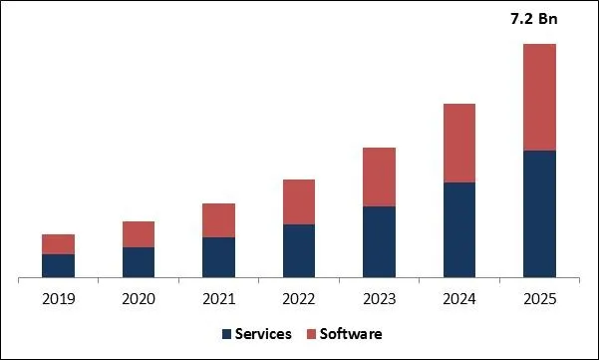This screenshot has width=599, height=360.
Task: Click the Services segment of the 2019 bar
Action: pyautogui.click(x=58, y=265)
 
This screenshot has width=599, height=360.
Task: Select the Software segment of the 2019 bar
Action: pyautogui.click(x=58, y=244)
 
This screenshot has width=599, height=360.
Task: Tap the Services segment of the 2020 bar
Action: pyautogui.click(x=139, y=261)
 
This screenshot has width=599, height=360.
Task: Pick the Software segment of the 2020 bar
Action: pyautogui.click(x=139, y=234)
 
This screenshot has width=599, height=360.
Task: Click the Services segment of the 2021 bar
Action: pyautogui.click(x=218, y=256)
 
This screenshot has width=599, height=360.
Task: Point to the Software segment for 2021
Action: pyautogui.click(x=218, y=220)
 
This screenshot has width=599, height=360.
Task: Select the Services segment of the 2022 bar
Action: pyautogui.click(x=299, y=250)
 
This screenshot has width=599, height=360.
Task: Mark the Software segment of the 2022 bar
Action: pyautogui.click(x=299, y=202)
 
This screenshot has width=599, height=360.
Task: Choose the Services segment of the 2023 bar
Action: pyautogui.click(x=379, y=241)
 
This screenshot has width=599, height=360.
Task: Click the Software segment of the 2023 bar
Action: pyautogui.click(x=379, y=178)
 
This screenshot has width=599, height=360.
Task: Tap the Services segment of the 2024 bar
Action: pyautogui.click(x=459, y=229)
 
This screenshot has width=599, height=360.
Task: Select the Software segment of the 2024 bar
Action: pyautogui.click(x=459, y=144)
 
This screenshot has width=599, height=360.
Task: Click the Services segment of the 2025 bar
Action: pyautogui.click(x=539, y=213)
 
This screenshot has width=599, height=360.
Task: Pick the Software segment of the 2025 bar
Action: pyautogui.click(x=539, y=98)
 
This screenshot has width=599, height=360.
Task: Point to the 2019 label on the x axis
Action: pyautogui.click(x=58, y=298)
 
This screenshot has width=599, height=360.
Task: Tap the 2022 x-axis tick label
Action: pyautogui.click(x=299, y=298)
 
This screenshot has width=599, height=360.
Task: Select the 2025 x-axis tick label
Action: pyautogui.click(x=539, y=298)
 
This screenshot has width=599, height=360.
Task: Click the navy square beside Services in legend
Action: pyautogui.click(x=227, y=334)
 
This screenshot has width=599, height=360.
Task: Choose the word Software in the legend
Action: pyautogui.click(x=351, y=334)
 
